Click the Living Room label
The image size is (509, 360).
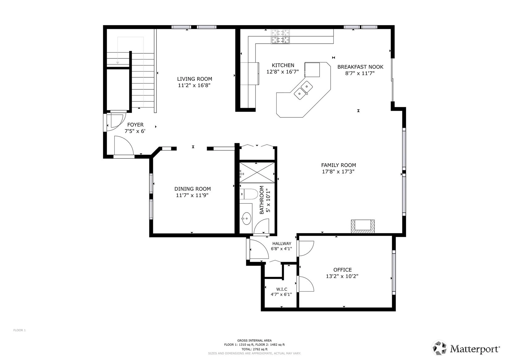click(194, 79)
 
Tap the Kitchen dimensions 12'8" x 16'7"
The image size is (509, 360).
click(282, 72)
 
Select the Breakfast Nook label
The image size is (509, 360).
click(360, 67)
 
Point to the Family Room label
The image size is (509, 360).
click(338, 165)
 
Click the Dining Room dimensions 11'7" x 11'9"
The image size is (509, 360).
click(192, 195)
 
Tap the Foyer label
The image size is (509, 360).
click(135, 125)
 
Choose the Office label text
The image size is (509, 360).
click(342, 270)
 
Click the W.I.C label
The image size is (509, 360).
click(282, 289)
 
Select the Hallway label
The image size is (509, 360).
click(282, 244)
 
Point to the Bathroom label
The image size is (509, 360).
click(262, 200)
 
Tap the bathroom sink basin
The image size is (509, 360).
click(246, 219)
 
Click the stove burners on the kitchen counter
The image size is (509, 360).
click(280, 36)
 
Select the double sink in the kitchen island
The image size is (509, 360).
click(303, 91)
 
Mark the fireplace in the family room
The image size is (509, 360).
click(363, 226)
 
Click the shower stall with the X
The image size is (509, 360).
click(257, 172)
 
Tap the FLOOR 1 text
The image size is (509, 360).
click(19, 330)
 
